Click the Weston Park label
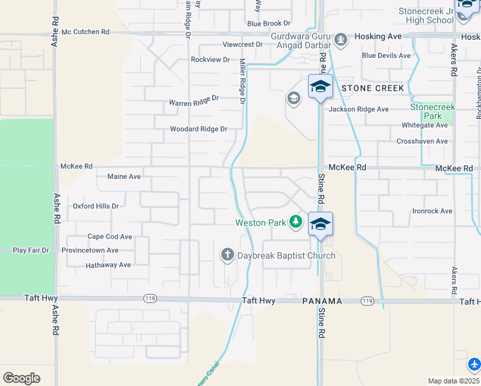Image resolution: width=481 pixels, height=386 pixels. coord(260,223)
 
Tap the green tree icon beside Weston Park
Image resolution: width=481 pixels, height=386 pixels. coord(295,222)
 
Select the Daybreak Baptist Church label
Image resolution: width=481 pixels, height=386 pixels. coord(286,256)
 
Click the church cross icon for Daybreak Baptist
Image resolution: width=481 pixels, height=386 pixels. coord(227,255)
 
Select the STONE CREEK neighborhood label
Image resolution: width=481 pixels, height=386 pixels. coord(373,88)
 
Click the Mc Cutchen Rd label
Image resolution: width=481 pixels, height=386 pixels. coord(86,32)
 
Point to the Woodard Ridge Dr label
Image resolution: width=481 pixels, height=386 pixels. coord(198,129)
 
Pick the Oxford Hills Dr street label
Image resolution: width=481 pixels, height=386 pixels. coord(95,207)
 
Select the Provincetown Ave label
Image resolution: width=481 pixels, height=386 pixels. coord(90,250)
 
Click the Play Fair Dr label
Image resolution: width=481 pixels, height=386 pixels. coord(31,250)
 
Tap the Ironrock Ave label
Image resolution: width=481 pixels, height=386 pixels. coord(432,211)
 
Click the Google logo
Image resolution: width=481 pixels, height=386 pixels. coord(21,378)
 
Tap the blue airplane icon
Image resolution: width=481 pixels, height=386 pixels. coord(474,365)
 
